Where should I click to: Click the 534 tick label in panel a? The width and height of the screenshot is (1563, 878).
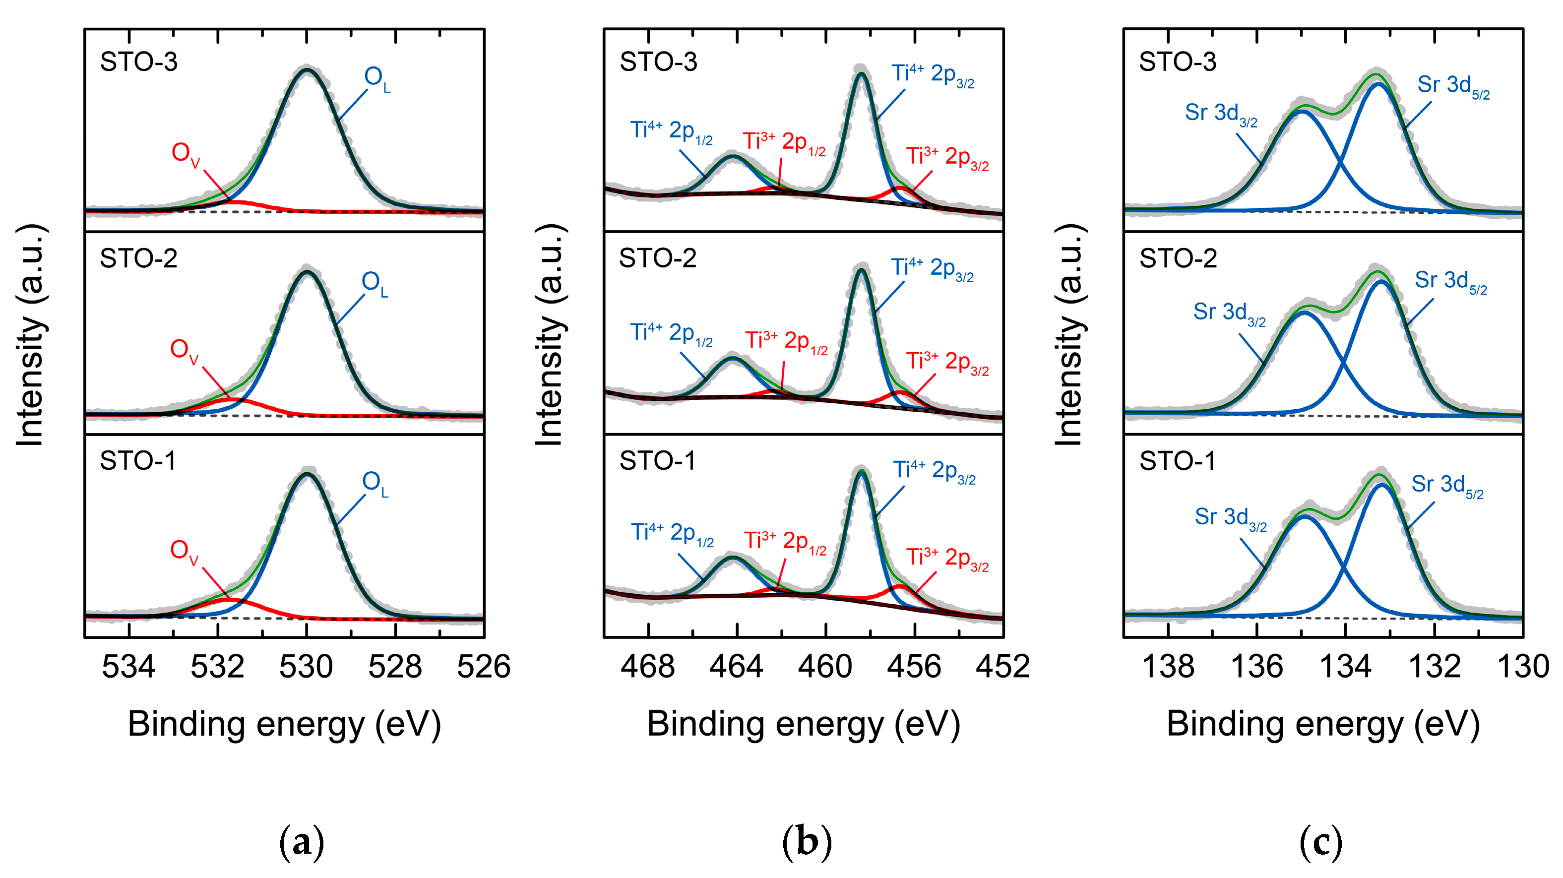128,666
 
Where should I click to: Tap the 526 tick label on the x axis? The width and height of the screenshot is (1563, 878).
484,666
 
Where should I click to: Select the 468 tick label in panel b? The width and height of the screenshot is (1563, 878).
647,666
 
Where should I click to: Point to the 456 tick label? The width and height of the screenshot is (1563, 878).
914,666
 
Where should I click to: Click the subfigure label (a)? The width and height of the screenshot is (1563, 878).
302,842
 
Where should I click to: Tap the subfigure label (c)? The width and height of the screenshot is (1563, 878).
1321,842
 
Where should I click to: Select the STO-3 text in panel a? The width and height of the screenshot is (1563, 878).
139,62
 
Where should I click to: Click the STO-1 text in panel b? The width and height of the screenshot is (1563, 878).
657,461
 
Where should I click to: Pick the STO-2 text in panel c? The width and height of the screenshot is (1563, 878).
1178,258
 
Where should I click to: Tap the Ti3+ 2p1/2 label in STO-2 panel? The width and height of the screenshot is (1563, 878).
786,342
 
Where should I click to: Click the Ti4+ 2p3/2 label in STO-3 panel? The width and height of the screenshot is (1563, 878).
933,75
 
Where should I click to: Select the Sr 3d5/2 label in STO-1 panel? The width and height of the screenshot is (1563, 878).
1447,486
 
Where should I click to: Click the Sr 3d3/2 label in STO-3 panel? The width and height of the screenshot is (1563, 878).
1221,115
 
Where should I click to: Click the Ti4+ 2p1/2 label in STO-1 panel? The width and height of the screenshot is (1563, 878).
672,534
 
